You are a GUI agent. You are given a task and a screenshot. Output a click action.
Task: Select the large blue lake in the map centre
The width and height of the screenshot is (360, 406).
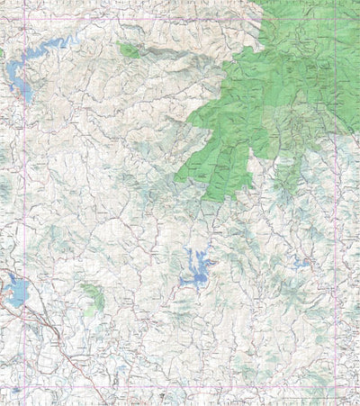(196, 268)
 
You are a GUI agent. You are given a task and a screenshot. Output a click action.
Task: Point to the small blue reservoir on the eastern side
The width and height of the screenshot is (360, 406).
(301, 263)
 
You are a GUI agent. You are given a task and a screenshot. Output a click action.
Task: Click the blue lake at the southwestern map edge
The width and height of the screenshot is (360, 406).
(15, 290)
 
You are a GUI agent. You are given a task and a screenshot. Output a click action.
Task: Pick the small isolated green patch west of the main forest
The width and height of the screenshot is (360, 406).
(129, 50)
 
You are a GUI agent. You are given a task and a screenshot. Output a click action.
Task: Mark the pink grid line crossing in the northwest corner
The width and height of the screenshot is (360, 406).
(24, 19)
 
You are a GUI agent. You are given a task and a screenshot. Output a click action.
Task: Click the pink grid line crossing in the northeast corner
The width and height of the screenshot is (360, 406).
(336, 19)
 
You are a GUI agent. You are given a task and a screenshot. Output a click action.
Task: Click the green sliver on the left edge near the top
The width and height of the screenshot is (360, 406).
(2, 54)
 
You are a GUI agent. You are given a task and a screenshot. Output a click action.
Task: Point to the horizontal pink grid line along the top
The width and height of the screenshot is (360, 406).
(135, 19)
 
